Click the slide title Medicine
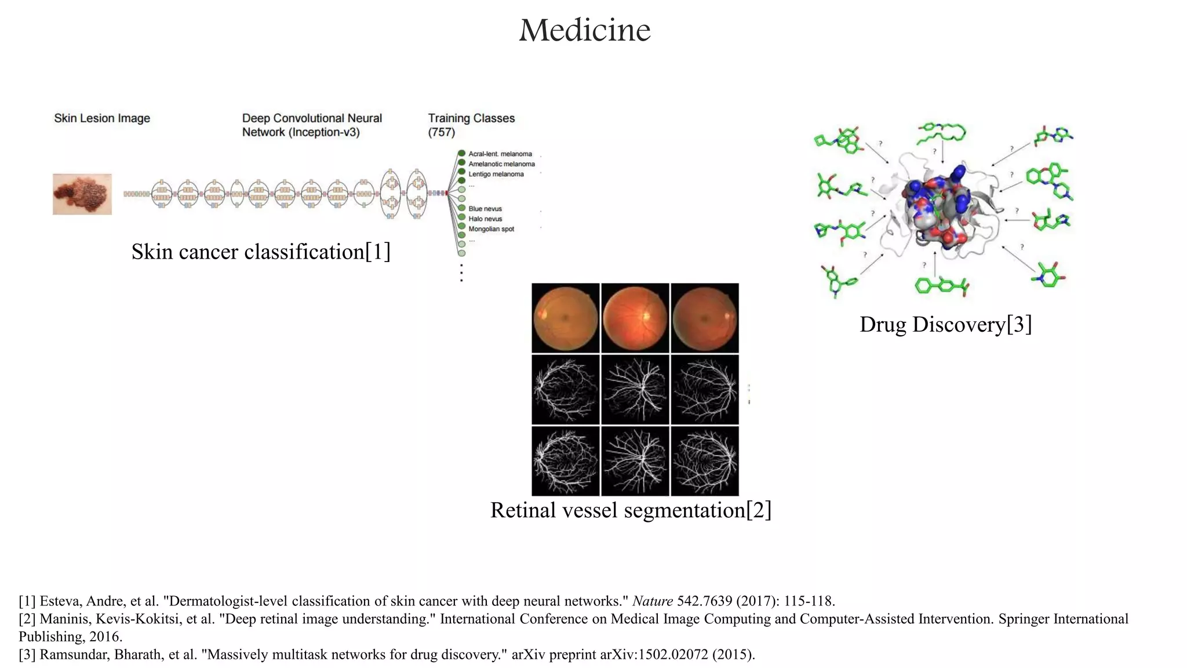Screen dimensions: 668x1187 pos(584,30)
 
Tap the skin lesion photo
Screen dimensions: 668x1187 pos(82,194)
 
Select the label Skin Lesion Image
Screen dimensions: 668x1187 pos(102,118)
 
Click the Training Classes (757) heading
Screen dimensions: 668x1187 pos(471,125)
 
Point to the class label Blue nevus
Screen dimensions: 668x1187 pos(485,209)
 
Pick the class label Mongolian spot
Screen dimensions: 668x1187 pos(491,229)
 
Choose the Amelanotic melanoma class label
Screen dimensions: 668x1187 pos(501,164)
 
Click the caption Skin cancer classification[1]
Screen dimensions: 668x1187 pos(261,252)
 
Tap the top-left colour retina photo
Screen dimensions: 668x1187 pos(566,318)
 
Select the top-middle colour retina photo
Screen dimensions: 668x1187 pos(635,318)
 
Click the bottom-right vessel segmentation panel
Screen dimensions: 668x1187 pos(705,461)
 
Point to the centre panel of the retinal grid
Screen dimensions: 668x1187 pos(635,390)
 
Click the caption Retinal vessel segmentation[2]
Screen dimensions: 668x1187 pos(631,510)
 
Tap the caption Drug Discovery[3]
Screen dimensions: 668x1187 pos(945,324)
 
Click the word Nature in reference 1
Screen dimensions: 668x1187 pos(652,601)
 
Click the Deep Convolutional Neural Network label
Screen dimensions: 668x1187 pos(312,125)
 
